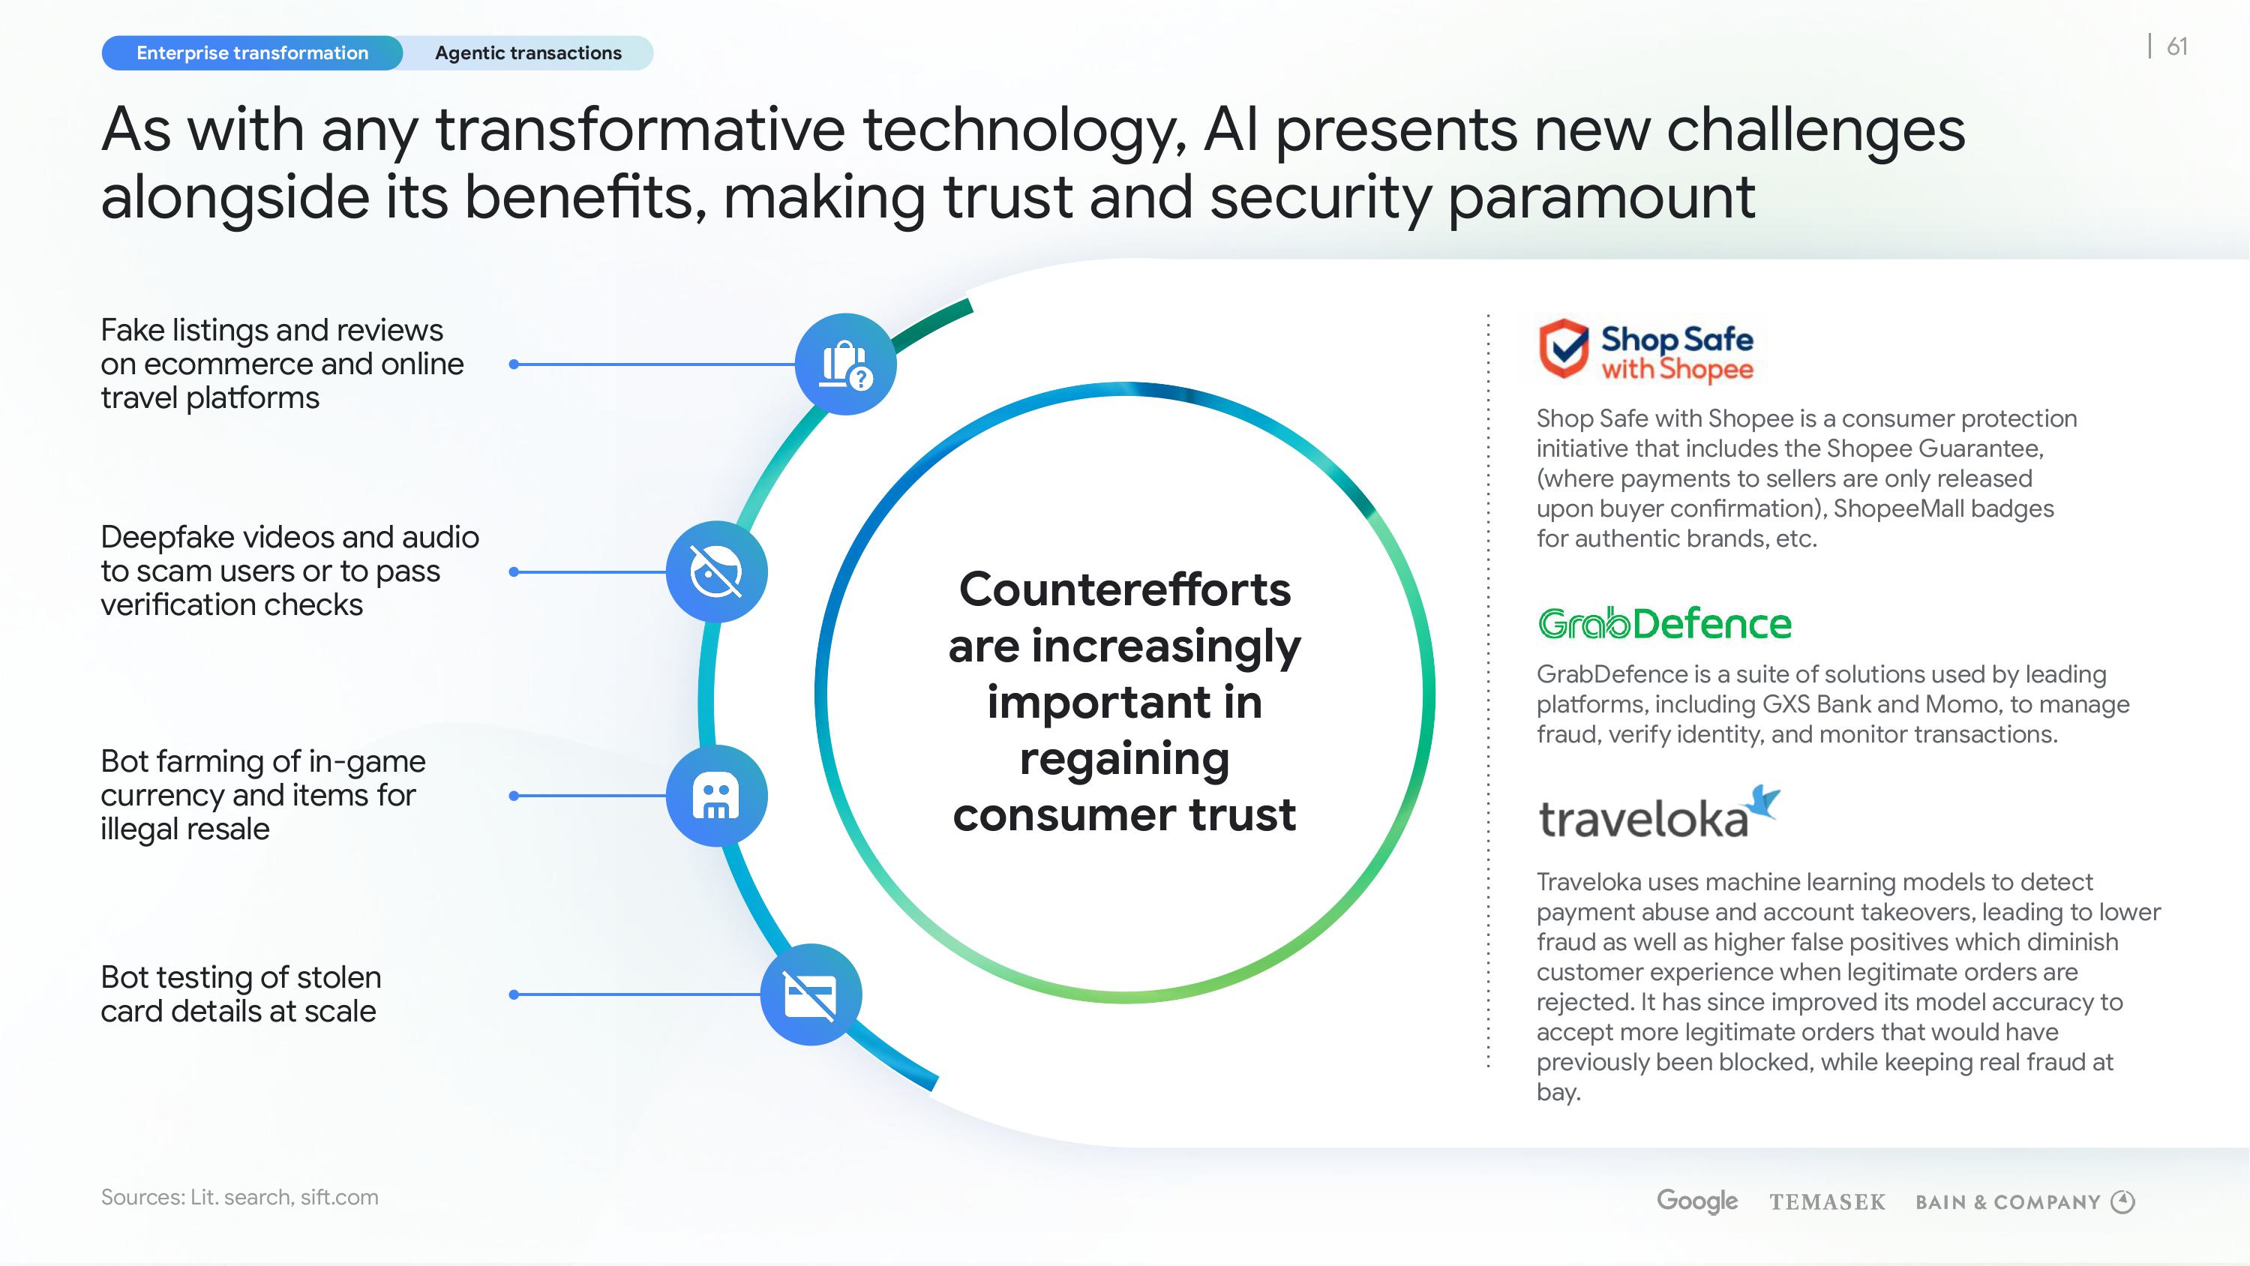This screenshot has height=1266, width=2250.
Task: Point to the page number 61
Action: click(x=2177, y=46)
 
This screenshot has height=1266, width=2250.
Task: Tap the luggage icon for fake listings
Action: click(x=845, y=364)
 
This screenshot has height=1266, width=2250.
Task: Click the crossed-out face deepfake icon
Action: click(x=716, y=571)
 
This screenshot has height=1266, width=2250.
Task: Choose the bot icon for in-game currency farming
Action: click(x=716, y=796)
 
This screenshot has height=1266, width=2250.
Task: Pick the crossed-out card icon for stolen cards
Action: click(x=811, y=994)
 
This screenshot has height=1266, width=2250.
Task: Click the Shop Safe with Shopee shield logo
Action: click(x=1562, y=348)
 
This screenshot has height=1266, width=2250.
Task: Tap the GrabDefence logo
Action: click(x=1664, y=624)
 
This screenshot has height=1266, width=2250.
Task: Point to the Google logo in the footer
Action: click(x=1697, y=1201)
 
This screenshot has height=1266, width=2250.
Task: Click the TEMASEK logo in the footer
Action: click(x=1827, y=1202)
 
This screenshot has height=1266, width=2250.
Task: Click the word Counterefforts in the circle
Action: click(x=1125, y=589)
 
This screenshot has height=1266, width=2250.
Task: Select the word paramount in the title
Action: click(x=1601, y=197)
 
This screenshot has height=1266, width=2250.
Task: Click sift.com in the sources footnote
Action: click(x=339, y=1197)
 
